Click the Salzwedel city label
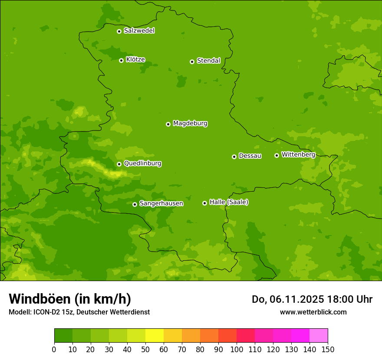[x=139, y=31]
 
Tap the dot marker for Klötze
[x=121, y=60]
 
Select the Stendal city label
[x=208, y=61]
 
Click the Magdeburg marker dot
[x=168, y=124]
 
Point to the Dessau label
[x=250, y=156]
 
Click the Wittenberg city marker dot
[x=277, y=155]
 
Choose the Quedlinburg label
[x=142, y=164]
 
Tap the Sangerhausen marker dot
[x=135, y=204]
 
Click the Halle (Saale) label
[x=229, y=202]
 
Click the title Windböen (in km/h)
[x=70, y=299]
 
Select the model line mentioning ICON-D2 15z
[x=79, y=312]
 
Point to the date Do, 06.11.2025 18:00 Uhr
[x=312, y=299]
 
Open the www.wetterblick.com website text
[x=313, y=312]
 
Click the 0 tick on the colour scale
[x=54, y=349]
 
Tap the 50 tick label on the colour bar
[x=145, y=349]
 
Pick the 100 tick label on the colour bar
[x=237, y=349]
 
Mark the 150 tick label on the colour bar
[x=328, y=349]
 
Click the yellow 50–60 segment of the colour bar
[x=155, y=336]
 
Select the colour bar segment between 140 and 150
[x=319, y=336]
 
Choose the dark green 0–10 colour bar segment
[x=63, y=336]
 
